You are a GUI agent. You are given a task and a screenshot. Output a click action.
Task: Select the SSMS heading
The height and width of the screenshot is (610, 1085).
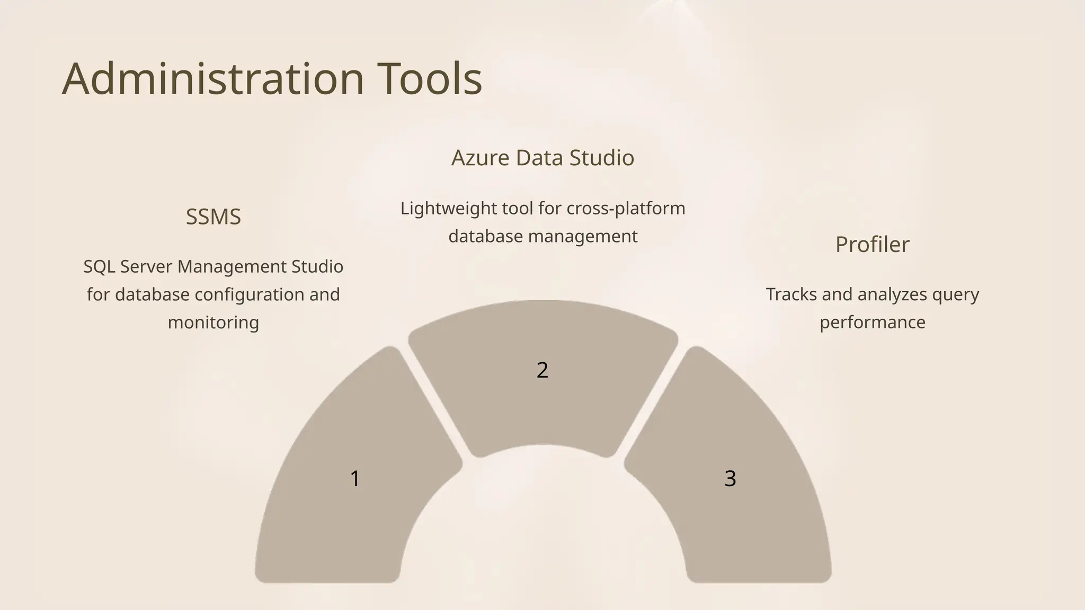[x=214, y=217]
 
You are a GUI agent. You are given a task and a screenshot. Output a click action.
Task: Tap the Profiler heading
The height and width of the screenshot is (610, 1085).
[x=872, y=245]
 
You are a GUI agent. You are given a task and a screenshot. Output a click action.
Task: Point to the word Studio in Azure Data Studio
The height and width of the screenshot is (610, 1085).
[x=601, y=158]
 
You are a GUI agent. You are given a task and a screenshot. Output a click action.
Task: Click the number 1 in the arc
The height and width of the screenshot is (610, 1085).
[x=355, y=479]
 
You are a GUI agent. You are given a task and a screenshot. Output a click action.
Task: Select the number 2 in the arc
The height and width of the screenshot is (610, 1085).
[x=542, y=370]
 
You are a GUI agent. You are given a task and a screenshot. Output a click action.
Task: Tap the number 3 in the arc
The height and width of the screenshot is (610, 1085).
[x=730, y=479]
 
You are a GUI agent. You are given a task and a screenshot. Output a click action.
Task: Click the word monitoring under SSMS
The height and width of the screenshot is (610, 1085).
[x=214, y=322]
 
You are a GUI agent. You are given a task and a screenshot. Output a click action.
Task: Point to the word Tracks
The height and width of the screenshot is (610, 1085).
[x=791, y=294]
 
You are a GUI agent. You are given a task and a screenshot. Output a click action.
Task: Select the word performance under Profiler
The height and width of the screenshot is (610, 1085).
[x=872, y=322]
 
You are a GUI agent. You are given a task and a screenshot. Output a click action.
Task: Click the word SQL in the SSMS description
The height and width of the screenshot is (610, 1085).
[x=99, y=266]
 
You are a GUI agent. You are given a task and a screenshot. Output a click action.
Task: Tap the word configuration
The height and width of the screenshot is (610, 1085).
[x=250, y=294]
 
